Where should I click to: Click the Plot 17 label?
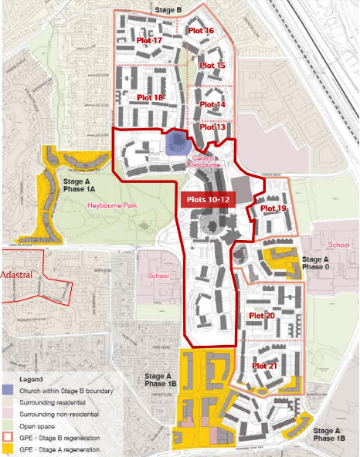pyautogui.click(x=149, y=40)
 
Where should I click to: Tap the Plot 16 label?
pyautogui.click(x=201, y=31)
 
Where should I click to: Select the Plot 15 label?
pyautogui.click(x=212, y=66)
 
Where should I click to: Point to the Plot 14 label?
pyautogui.click(x=212, y=104)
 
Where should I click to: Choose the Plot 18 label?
pyautogui.click(x=150, y=97)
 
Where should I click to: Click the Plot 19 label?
pyautogui.click(x=273, y=208)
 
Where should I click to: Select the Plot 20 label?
pyautogui.click(x=262, y=316)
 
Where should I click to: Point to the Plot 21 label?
pyautogui.click(x=265, y=365)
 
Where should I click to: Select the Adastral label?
pyautogui.click(x=16, y=274)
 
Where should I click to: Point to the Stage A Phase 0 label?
pyautogui.click(x=321, y=263)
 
